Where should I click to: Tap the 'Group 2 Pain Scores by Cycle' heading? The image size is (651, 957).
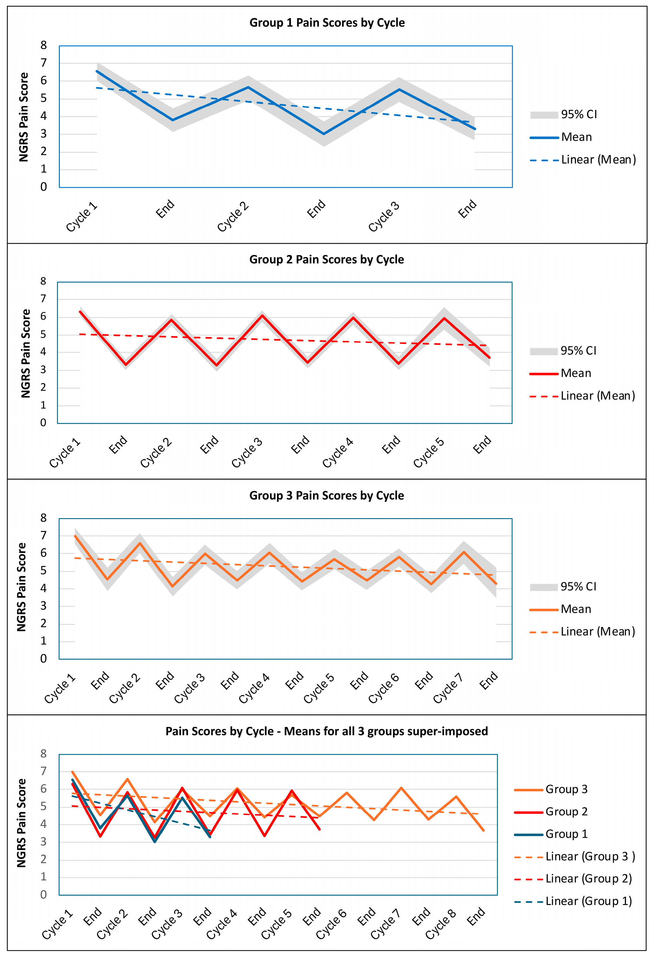tap(326, 259)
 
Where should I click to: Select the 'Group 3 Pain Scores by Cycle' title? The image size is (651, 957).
tap(326, 495)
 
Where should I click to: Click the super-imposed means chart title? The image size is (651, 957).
tap(326, 731)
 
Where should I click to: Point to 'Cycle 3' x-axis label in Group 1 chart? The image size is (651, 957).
tap(384, 216)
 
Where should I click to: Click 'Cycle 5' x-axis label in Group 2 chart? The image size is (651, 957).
tap(429, 453)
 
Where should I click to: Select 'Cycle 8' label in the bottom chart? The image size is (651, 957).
tap(440, 924)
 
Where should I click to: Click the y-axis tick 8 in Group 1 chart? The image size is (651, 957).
tap(44, 45)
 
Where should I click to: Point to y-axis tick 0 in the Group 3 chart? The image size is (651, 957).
tap(44, 659)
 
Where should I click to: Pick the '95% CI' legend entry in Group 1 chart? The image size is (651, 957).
tap(578, 115)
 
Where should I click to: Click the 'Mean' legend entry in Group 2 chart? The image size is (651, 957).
tap(576, 373)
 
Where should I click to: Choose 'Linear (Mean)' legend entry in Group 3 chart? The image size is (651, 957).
tap(597, 632)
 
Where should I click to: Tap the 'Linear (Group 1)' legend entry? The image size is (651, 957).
tap(588, 901)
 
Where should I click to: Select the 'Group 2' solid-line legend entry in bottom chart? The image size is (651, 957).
tap(566, 812)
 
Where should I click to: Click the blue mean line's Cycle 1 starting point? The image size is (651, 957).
tap(97, 71)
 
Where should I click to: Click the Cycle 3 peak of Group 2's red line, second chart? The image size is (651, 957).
tap(262, 315)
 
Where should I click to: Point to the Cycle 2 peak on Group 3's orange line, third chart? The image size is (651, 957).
tap(140, 543)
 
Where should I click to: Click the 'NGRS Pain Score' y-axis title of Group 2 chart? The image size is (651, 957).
tap(26, 353)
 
